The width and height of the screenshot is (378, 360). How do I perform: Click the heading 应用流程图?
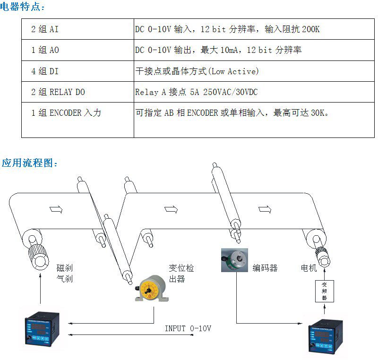point(29,163)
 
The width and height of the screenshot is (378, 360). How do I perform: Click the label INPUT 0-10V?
point(188,328)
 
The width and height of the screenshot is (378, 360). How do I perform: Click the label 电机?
point(309,268)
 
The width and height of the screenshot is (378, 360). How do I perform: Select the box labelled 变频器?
point(324,291)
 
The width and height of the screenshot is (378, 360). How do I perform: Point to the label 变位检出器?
point(181,274)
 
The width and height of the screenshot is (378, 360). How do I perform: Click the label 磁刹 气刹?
point(64,274)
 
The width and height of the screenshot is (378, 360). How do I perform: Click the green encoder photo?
point(234,259)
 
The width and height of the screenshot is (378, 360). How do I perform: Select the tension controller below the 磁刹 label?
point(41,332)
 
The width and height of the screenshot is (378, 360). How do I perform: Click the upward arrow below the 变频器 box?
point(324,309)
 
